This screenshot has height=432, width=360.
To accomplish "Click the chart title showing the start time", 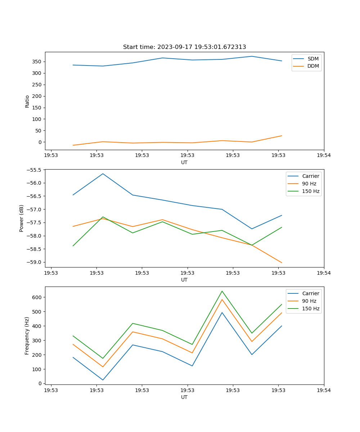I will pyautogui.click(x=184, y=47).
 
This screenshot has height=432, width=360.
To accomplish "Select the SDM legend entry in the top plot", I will pyautogui.click(x=313, y=59).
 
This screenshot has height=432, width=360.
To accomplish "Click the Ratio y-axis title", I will pyautogui.click(x=27, y=101).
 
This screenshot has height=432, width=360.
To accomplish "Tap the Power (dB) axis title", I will pyautogui.click(x=22, y=218).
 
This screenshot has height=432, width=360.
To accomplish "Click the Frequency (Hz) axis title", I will pyautogui.click(x=27, y=336).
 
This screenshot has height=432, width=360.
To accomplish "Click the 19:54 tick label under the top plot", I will pyautogui.click(x=324, y=156).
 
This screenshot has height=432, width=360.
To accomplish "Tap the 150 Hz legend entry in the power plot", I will pyautogui.click(x=311, y=191).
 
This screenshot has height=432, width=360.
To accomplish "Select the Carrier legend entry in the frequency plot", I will pyautogui.click(x=311, y=293).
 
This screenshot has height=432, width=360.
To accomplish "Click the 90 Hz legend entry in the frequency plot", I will pyautogui.click(x=309, y=301).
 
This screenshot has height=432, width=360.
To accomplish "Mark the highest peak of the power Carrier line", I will pyautogui.click(x=103, y=174).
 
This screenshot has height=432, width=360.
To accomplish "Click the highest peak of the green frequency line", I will pyautogui.click(x=222, y=291).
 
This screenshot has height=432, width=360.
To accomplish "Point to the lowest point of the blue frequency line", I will pyautogui.click(x=103, y=380).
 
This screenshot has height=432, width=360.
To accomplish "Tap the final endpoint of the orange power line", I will pyautogui.click(x=282, y=263).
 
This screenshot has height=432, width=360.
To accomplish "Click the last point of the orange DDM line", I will pyautogui.click(x=282, y=136).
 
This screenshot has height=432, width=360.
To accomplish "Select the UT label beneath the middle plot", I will pyautogui.click(x=184, y=280).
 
